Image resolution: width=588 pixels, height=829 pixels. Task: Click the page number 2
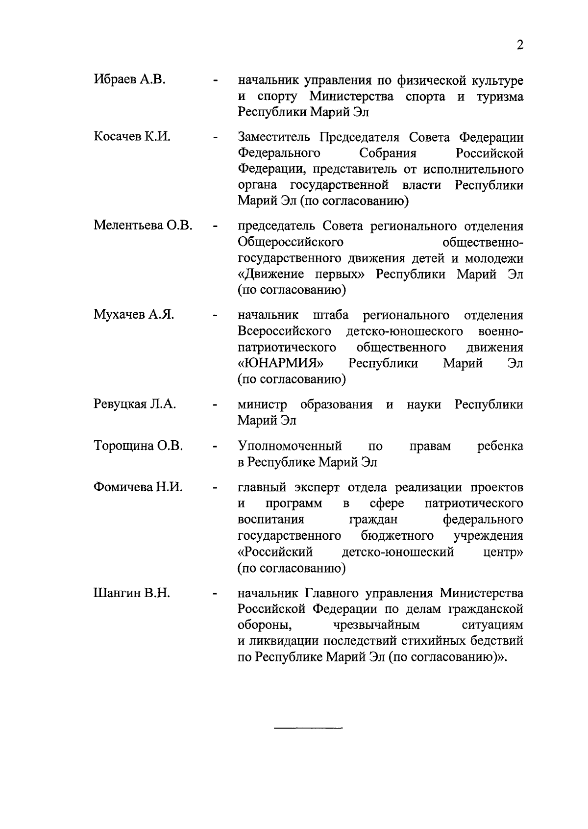[520, 45]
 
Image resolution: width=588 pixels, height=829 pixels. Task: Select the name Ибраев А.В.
[129, 79]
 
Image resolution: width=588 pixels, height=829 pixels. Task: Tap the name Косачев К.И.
[132, 136]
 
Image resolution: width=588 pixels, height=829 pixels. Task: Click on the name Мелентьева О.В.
[143, 226]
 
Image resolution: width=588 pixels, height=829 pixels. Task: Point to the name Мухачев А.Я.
[134, 314]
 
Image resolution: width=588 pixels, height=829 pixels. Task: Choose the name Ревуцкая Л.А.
[135, 404]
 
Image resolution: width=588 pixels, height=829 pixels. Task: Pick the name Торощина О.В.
[138, 446]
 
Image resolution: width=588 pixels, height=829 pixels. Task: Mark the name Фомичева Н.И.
[138, 487]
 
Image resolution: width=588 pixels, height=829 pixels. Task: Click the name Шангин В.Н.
[131, 593]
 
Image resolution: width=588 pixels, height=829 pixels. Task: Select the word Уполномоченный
[290, 446]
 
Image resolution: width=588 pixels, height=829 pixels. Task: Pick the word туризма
[499, 97]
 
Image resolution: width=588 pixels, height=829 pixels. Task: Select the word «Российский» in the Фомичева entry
[275, 553]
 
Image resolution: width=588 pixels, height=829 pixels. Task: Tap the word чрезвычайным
[377, 625]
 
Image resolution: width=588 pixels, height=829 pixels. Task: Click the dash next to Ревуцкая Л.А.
[215, 406]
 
